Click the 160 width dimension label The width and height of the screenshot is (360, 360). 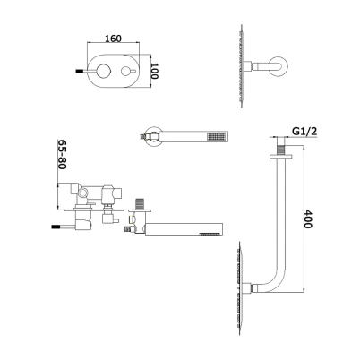(x=114, y=39)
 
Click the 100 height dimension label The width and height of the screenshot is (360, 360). (x=153, y=71)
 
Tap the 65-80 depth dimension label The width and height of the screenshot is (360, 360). (x=62, y=154)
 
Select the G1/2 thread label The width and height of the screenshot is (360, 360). (x=304, y=131)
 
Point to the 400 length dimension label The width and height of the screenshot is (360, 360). (x=308, y=219)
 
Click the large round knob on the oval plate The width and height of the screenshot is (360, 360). (x=103, y=71)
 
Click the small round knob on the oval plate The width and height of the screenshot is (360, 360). (x=125, y=71)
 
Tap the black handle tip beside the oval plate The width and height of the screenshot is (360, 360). (x=79, y=72)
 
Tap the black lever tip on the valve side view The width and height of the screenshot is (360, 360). (x=56, y=227)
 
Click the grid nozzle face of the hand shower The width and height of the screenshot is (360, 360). (x=217, y=136)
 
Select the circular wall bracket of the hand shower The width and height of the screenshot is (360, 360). (x=153, y=136)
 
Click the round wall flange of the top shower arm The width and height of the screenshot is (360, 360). (x=280, y=66)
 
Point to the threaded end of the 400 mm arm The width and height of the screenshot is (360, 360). (x=281, y=150)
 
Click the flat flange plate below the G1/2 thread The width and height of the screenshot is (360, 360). (x=281, y=156)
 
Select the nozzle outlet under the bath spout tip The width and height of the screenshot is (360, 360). (x=210, y=235)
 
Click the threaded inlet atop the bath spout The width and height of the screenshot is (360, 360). (x=140, y=204)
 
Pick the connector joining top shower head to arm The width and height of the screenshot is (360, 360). (x=248, y=66)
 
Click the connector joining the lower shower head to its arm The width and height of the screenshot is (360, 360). (x=248, y=288)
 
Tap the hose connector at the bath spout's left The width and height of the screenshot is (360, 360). (x=129, y=229)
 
